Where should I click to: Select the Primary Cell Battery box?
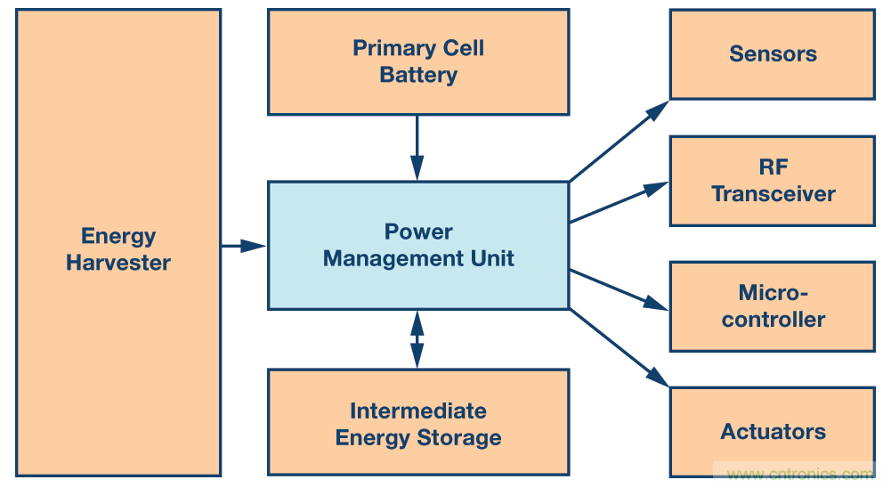click(x=417, y=61)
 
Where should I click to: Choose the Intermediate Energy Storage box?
click(x=417, y=422)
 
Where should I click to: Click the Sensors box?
click(x=772, y=53)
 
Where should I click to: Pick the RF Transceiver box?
click(x=772, y=181)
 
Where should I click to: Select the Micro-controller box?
click(x=772, y=306)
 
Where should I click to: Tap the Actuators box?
click(x=772, y=432)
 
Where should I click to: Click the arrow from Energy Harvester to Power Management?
click(x=242, y=246)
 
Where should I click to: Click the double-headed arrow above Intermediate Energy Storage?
click(x=417, y=339)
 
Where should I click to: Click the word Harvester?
click(x=117, y=263)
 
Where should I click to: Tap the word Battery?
click(x=417, y=75)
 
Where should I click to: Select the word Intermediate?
click(x=417, y=411)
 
